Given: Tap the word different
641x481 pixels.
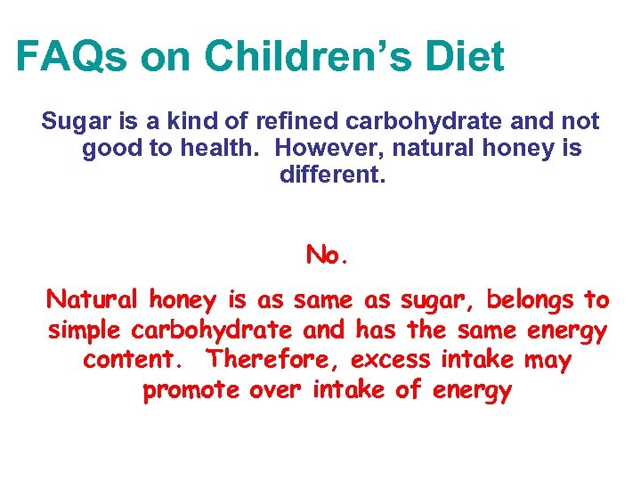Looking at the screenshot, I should [x=332, y=174].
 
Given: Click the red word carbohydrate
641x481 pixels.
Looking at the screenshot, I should [x=212, y=330].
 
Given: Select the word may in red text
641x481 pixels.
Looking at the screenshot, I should [x=548, y=360].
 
